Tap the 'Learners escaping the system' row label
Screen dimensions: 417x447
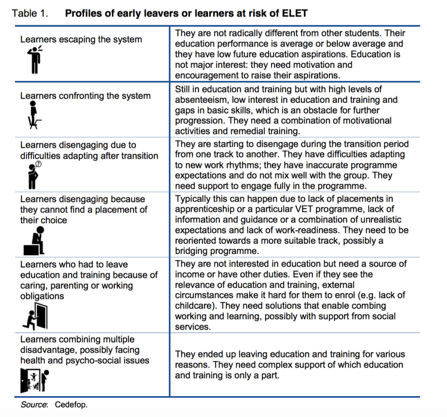[81, 39]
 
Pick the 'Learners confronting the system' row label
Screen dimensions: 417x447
[85, 95]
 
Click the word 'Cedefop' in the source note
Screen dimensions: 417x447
[72, 405]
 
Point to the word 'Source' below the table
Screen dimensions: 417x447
[35, 405]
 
